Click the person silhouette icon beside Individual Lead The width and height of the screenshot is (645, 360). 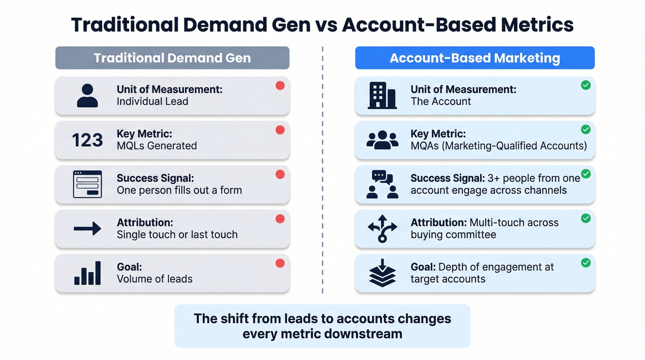point(87,96)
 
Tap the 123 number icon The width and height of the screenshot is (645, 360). point(87,140)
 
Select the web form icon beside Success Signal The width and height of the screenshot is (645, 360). point(87,184)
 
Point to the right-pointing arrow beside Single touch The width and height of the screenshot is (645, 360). point(87,229)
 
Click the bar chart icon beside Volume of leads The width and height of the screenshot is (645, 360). point(87,273)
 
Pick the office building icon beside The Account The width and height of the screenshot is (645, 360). point(381,96)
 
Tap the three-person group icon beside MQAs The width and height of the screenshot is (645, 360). point(382,140)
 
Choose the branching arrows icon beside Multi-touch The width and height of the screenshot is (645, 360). point(382,229)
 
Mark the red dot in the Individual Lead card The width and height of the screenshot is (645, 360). point(280,86)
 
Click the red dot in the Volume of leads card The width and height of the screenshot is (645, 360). point(280,263)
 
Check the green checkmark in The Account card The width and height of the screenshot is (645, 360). point(586,85)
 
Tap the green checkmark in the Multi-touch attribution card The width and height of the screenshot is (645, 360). point(586,218)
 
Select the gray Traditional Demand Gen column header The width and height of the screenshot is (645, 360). point(172,58)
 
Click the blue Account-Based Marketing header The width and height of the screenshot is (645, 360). point(475,58)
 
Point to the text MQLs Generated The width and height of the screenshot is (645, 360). point(157,146)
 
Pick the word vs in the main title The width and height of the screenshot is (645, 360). point(326,25)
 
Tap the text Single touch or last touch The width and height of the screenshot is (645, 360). point(177,235)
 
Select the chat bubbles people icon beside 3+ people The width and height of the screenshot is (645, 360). point(382,184)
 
